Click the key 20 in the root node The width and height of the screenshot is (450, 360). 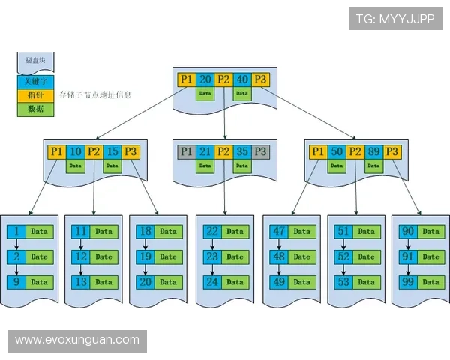[x=205, y=79]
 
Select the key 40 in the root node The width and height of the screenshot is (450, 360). [x=242, y=79]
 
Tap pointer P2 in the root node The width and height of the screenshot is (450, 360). [x=223, y=79]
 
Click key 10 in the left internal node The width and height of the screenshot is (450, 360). [x=75, y=151]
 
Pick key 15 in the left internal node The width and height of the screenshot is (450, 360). [x=112, y=151]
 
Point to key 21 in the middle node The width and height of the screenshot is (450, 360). [x=205, y=151]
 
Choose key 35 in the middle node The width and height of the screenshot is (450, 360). [x=242, y=151]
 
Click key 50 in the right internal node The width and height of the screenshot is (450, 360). [x=337, y=151]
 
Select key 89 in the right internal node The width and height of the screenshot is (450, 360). [x=373, y=151]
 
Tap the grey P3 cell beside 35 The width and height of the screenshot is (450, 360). [x=260, y=151]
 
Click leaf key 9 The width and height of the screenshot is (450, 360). [x=16, y=282]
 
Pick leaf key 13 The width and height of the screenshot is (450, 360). [x=81, y=282]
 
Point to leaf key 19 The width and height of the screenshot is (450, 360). [x=145, y=256]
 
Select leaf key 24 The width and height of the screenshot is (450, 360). [x=212, y=282]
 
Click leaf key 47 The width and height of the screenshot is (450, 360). [x=278, y=231]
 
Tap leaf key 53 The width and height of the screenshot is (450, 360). [x=343, y=282]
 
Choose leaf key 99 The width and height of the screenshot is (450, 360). [x=408, y=282]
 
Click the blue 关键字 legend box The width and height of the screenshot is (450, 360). [x=34, y=82]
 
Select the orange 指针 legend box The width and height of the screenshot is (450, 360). [x=34, y=95]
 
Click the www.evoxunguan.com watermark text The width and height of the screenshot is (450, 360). [x=77, y=340]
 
